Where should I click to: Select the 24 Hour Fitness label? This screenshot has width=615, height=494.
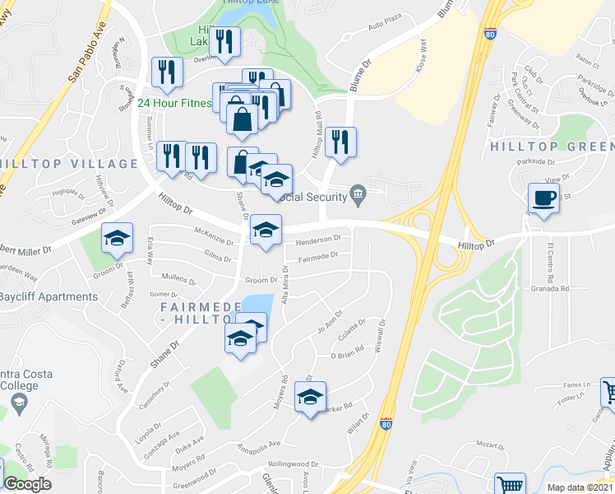coord(173,103)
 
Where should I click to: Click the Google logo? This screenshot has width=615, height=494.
coord(27,484)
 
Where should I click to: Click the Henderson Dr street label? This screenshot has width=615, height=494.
coord(319,239)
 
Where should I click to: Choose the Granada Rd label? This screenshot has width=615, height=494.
coord(549,289)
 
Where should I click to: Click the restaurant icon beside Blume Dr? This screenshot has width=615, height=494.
coord(340,142)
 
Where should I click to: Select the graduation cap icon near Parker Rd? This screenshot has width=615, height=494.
coord(310,397)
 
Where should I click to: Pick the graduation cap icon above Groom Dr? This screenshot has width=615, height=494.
coord(116,239)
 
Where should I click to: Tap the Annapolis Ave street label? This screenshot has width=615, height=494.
coord(258,445)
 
